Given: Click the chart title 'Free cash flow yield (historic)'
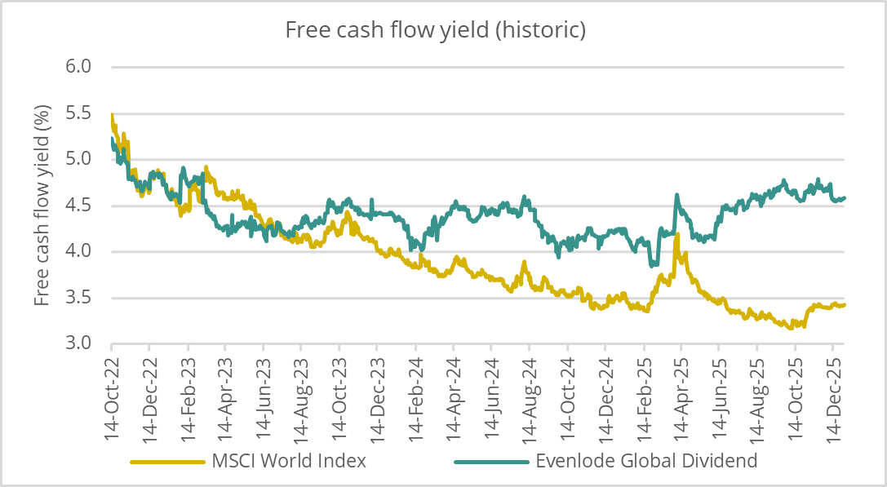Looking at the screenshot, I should [x=436, y=30].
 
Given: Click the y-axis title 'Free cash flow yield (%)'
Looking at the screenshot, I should [x=42, y=205].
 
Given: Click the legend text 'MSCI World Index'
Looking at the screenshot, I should [x=289, y=461].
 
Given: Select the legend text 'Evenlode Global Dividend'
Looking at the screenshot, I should [x=646, y=461].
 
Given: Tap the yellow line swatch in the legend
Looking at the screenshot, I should [x=166, y=462].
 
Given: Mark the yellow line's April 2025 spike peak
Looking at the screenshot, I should [x=676, y=234].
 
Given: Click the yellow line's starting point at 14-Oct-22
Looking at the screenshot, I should [x=112, y=115].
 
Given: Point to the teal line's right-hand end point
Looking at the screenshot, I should [x=845, y=197].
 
